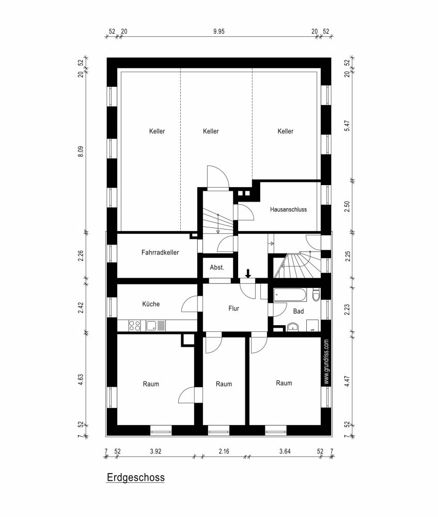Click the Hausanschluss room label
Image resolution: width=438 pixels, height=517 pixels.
click(x=288, y=209)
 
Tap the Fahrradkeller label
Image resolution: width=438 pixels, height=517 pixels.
click(x=160, y=253)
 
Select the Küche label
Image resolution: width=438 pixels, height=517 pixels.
click(x=151, y=304)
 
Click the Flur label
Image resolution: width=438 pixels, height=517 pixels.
click(x=234, y=308)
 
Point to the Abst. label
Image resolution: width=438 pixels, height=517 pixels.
click(x=216, y=268)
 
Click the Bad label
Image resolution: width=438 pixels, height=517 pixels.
click(x=299, y=312)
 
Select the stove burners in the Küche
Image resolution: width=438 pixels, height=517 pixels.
click(x=134, y=325)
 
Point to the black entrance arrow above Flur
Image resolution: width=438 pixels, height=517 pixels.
click(x=248, y=273)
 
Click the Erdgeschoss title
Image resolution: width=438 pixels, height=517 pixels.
click(x=135, y=477)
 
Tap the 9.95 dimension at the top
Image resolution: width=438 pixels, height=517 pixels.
click(x=220, y=31)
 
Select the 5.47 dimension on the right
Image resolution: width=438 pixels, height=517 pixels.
click(x=347, y=126)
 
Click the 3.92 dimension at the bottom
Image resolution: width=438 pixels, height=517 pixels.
click(x=155, y=451)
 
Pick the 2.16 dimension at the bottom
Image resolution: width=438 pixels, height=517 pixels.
click(x=224, y=451)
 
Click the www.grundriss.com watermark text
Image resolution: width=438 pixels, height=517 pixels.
click(x=326, y=362)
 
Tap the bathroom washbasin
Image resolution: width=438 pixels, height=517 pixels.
click(x=292, y=326)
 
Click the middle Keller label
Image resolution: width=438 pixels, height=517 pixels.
click(x=211, y=131)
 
